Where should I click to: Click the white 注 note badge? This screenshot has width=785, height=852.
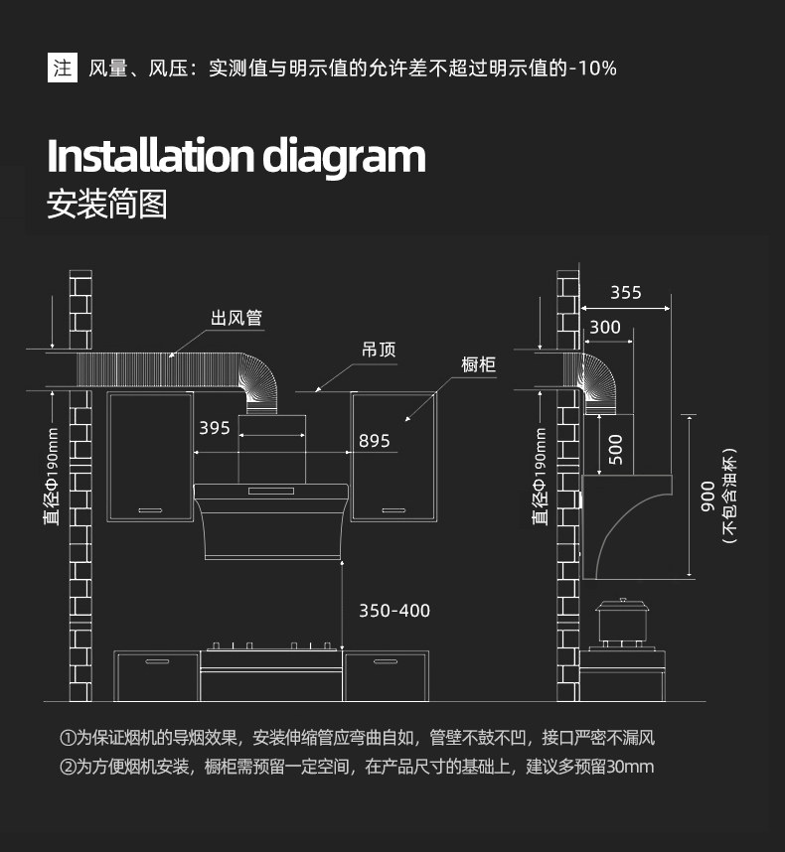tap(63, 68)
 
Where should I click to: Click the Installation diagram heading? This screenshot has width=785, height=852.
tap(236, 157)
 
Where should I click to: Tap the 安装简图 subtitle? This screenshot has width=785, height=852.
tap(107, 204)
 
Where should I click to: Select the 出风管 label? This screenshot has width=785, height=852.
tap(236, 318)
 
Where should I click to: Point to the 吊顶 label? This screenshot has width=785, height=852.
tap(379, 350)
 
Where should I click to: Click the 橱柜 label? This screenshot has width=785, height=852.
tap(478, 364)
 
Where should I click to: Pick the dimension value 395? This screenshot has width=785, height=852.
tap(215, 428)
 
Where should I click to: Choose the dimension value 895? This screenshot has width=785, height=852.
tap(374, 441)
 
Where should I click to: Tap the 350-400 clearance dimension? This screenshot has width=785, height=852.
tap(394, 611)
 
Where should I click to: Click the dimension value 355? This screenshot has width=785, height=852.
tap(626, 292)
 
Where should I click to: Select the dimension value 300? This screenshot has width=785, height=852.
tap(605, 327)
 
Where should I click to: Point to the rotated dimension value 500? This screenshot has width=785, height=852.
tap(615, 450)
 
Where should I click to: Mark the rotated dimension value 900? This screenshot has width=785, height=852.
tap(707, 497)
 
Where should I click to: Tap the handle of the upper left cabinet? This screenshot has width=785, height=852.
tap(150, 510)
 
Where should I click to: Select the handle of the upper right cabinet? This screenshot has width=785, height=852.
tap(393, 510)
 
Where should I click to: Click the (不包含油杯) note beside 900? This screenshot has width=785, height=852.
tap(729, 497)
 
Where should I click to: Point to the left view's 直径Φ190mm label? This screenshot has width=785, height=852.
tap(52, 477)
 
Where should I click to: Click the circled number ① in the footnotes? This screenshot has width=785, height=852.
tap(67, 738)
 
